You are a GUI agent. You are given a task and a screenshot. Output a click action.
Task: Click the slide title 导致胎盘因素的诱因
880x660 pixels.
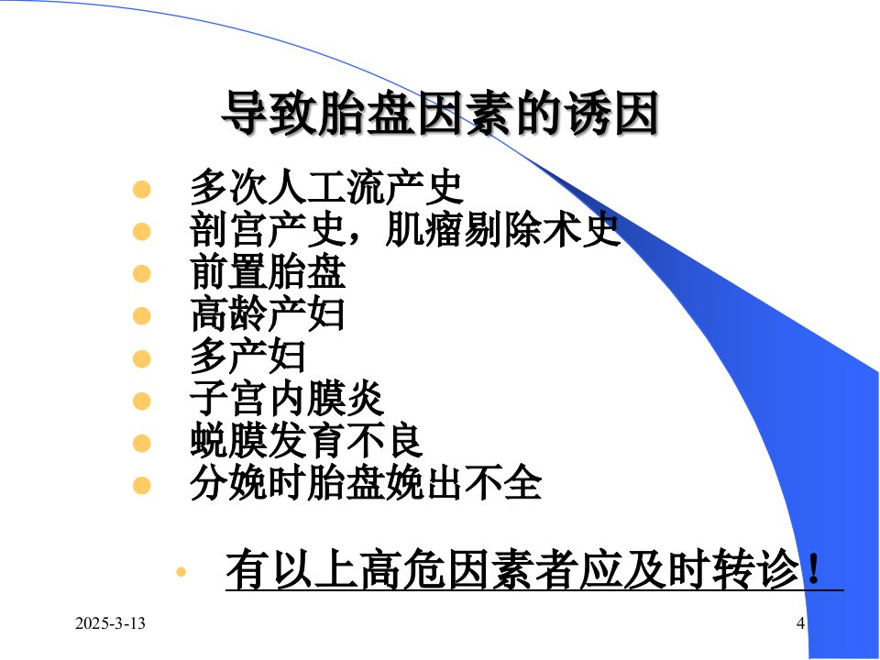point(439,113)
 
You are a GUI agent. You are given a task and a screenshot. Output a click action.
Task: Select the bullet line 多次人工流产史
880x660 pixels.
point(326,187)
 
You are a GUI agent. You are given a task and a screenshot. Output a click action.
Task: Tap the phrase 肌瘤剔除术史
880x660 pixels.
point(503,229)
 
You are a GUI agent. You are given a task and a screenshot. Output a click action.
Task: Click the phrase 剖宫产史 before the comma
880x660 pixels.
point(268,229)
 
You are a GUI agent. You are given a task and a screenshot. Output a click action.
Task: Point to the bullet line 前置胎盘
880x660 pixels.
point(268,272)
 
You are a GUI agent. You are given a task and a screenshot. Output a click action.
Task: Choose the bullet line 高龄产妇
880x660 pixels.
point(268,314)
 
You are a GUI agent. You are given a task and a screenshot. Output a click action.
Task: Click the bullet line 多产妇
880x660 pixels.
point(248,357)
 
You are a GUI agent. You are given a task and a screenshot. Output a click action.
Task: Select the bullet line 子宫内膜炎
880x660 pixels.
point(287,399)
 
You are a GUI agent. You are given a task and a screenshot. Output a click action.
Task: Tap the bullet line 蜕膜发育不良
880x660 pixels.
point(306,442)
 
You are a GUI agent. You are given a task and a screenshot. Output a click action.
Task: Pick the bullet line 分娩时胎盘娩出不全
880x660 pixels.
point(366,484)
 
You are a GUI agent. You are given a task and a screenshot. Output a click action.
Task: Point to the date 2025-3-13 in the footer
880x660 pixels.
point(110,623)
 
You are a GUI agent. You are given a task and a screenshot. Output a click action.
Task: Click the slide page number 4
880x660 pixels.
point(801,623)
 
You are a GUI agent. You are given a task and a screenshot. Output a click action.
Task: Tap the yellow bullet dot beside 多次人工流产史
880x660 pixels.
point(142,189)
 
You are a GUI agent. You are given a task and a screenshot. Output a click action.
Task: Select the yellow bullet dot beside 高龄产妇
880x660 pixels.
point(142,316)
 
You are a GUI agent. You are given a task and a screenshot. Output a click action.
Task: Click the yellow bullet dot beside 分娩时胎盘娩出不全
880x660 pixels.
point(142,486)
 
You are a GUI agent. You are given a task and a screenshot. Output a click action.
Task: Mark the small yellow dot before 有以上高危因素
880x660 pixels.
point(181,572)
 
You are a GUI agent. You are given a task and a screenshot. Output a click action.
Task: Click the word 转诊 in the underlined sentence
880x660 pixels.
point(755,569)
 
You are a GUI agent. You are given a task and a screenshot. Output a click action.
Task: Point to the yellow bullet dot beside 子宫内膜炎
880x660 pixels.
point(142,401)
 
